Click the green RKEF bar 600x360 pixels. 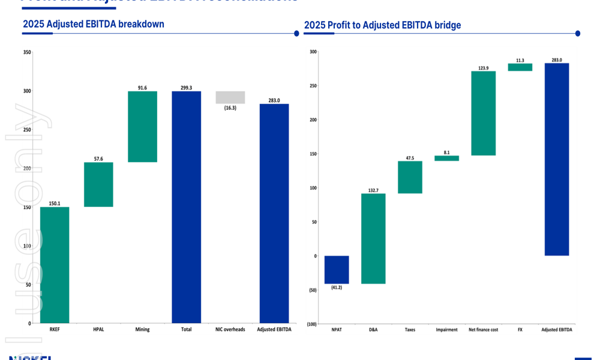(55, 265)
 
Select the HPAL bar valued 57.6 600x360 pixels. (98, 185)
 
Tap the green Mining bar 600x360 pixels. (142, 127)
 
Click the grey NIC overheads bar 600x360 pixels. (230, 97)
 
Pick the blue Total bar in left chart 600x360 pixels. (187, 207)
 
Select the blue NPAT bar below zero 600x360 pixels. (337, 269)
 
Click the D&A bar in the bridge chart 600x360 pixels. (373, 238)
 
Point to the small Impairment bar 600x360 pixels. (446, 158)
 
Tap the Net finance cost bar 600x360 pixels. (483, 113)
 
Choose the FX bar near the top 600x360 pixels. (520, 67)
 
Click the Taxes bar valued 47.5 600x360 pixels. (410, 177)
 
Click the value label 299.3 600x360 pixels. (186, 88)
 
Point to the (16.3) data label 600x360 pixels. (230, 108)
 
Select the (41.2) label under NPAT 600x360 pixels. (337, 287)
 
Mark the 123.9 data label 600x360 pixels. (483, 68)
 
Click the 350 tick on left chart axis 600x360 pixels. (27, 52)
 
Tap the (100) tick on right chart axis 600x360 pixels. (311, 324)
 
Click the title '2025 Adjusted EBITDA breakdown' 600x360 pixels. (93, 25)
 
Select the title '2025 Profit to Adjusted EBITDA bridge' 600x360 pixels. (382, 25)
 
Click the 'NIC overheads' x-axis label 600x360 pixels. (230, 329)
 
